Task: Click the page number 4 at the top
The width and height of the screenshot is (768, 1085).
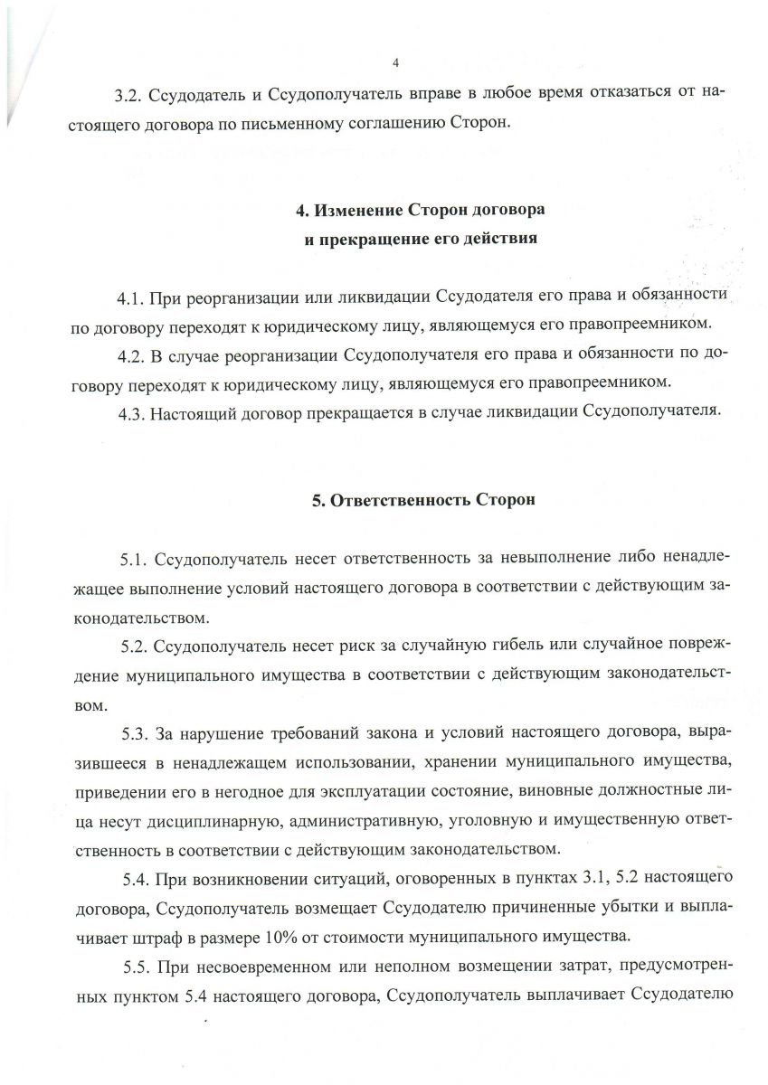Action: click(x=396, y=62)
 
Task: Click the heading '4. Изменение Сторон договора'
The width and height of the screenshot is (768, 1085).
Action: click(x=421, y=211)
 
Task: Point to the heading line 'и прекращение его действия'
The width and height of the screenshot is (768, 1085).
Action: click(x=420, y=240)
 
